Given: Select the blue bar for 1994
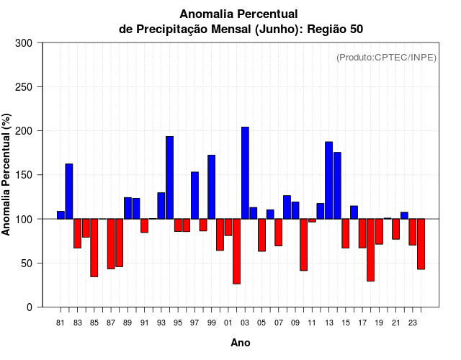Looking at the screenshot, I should point(169,177).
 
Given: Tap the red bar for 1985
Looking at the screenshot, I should point(94,248).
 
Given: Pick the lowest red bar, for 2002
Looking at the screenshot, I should point(236,251).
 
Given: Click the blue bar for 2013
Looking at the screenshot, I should point(328,180).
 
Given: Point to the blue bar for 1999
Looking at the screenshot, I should point(211,186).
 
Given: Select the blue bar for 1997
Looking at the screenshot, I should point(194,195).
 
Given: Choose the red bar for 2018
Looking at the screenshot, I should point(370,250).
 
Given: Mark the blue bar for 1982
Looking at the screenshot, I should point(69,191).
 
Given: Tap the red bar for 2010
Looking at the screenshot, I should point(303,245).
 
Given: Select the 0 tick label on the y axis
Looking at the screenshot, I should point(29,307).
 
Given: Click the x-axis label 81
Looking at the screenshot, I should point(61,323).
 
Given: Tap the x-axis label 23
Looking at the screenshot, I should point(413,323).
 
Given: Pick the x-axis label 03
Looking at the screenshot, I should point(245,323).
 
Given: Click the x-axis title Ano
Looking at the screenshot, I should point(241,343).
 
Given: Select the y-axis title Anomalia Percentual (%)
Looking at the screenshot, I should point(6,175).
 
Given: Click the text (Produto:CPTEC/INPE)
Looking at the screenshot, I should point(386,57).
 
